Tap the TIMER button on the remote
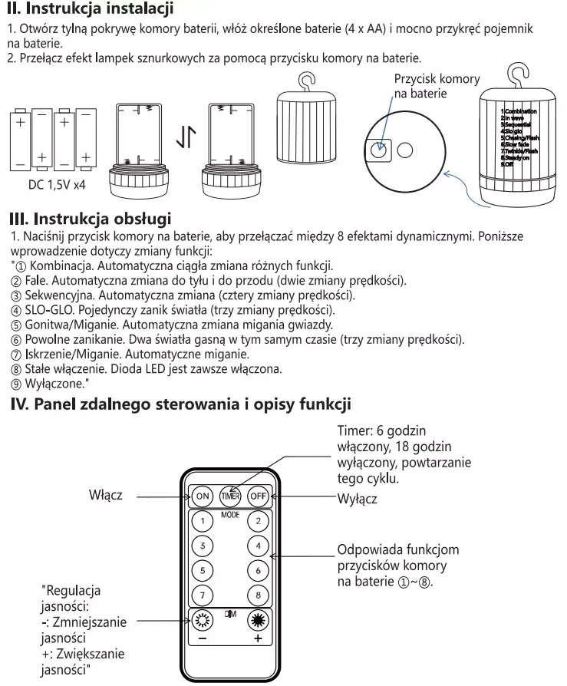pos(230,496)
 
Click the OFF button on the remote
pos(259,496)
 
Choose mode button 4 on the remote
pos(259,546)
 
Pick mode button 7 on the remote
pos(203,595)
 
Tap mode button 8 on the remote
pos(259,595)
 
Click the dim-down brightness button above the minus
pos(203,622)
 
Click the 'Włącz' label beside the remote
pos(106,496)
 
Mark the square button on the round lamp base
pos(379,149)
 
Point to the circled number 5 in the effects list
pos(15,325)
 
